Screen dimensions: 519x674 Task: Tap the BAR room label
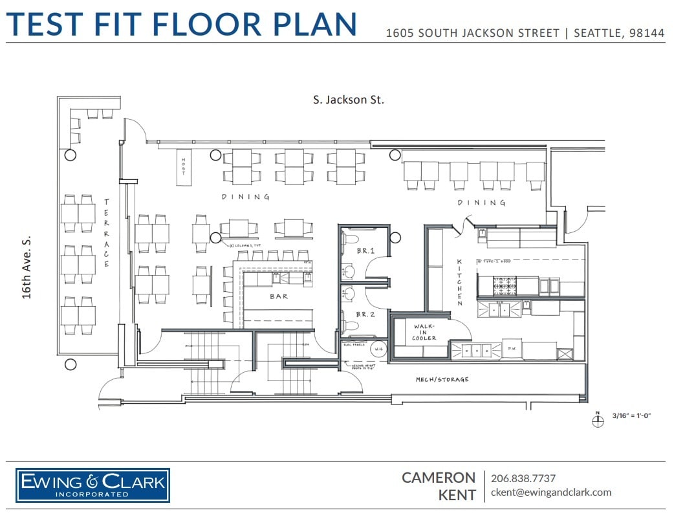point(279,297)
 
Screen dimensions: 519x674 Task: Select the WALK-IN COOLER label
point(424,333)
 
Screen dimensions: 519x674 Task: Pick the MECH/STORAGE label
point(442,380)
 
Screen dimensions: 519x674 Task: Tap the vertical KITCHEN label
point(460,282)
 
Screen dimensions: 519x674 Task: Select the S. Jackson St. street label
point(348,100)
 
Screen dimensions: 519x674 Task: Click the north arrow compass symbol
point(597,420)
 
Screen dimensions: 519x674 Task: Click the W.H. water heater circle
point(379,349)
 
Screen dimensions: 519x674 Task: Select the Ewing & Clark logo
point(93,485)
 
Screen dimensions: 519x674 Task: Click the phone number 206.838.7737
point(523,478)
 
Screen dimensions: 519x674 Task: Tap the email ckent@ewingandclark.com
point(551,492)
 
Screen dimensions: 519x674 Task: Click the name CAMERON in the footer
point(439,478)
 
